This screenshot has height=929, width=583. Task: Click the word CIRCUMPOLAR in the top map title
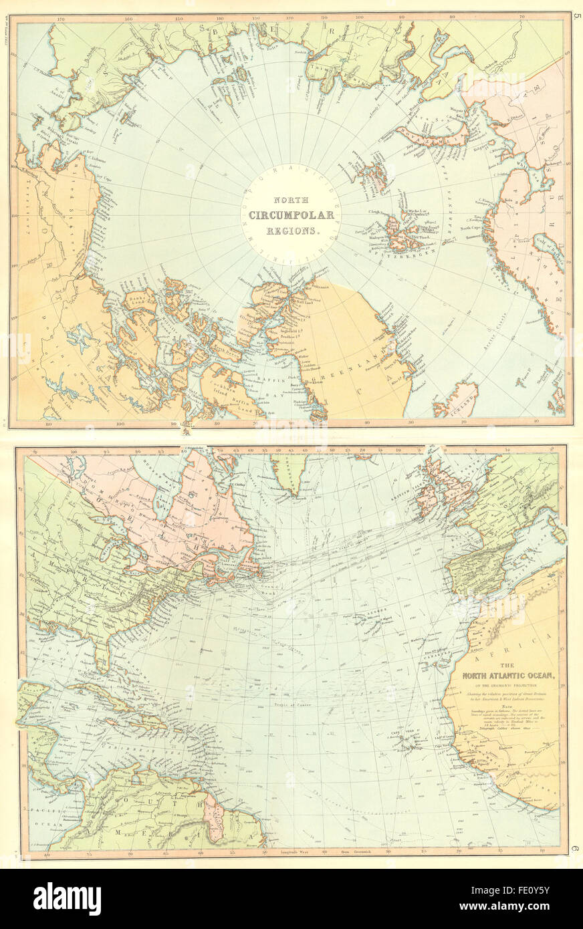click(x=285, y=215)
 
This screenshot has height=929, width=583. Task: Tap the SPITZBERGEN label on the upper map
click(x=402, y=252)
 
